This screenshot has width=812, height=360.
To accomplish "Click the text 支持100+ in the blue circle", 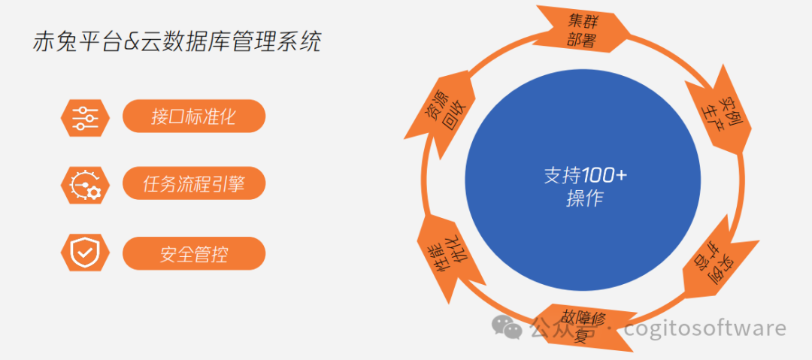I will click(x=585, y=176).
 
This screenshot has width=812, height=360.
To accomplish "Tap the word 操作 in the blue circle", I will click(x=585, y=200).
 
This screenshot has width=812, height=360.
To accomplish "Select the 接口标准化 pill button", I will click(x=194, y=116).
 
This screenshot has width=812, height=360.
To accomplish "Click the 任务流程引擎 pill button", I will click(x=194, y=183).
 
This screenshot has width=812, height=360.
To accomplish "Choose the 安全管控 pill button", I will click(x=194, y=254).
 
